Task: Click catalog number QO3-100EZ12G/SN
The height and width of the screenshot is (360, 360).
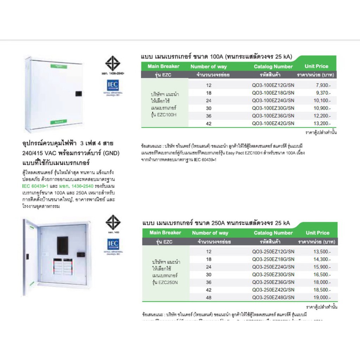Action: click(x=273, y=85)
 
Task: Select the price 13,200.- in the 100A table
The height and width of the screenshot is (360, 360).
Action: click(x=322, y=123)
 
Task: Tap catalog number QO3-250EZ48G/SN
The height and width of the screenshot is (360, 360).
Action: click(x=273, y=297)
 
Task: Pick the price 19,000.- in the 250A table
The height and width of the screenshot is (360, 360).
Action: click(x=322, y=297)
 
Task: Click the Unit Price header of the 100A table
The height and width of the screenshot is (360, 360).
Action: click(x=316, y=66)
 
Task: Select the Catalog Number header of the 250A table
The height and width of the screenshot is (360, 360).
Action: click(x=273, y=233)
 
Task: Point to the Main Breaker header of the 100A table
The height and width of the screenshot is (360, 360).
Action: click(x=163, y=66)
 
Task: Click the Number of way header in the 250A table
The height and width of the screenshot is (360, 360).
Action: click(x=210, y=233)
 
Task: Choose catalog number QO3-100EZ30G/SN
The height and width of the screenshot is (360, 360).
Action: click(x=273, y=108)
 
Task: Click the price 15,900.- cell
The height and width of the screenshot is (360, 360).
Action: click(x=322, y=266)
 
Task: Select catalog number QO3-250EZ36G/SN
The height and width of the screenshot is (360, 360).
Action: click(x=273, y=282)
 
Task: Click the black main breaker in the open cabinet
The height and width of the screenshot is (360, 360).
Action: click(x=62, y=245)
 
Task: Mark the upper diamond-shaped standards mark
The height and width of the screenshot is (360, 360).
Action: click(x=112, y=63)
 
